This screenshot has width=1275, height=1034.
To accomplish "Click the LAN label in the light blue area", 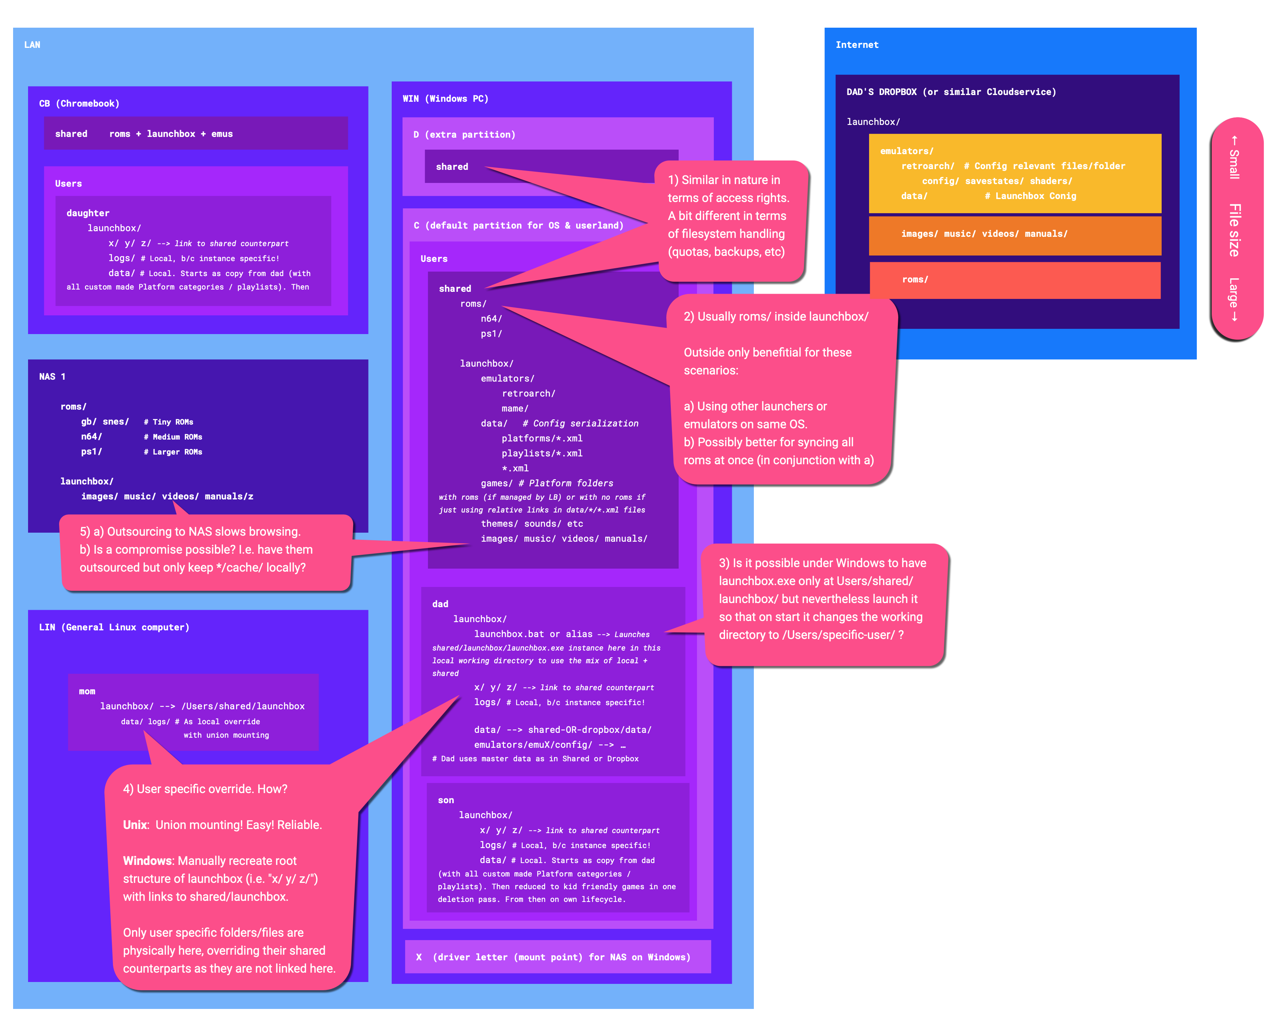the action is [32, 45].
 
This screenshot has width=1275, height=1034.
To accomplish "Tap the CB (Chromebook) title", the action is [79, 104].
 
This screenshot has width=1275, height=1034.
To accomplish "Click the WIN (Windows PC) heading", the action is [446, 99].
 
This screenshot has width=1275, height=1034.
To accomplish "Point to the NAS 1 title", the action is [52, 376].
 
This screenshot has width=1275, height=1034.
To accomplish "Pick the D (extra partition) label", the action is [465, 135].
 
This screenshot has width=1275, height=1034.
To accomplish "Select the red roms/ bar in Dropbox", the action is [1015, 280].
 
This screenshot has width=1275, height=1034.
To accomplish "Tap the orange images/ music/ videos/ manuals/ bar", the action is [1015, 235].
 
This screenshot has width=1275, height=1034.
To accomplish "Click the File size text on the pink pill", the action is [1235, 230].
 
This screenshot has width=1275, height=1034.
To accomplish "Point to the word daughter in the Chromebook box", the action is [88, 213].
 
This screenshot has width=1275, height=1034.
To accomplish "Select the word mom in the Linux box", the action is [87, 692].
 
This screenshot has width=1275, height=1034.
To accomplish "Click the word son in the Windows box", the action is [446, 801].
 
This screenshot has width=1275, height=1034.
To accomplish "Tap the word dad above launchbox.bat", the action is [440, 604].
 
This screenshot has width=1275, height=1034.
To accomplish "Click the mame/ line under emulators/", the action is [514, 409].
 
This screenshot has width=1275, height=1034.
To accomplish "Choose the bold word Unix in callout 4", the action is [135, 825].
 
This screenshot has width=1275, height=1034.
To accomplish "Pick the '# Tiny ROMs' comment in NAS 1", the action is [168, 422].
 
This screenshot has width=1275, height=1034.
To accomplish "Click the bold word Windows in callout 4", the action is [148, 861].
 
